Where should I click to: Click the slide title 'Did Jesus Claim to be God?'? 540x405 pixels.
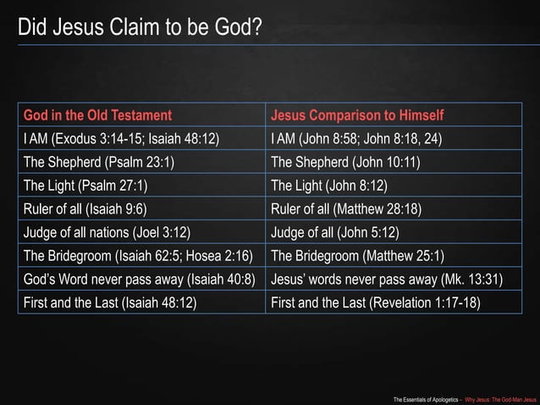click(140, 27)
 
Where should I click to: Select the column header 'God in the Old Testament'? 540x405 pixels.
click(97, 115)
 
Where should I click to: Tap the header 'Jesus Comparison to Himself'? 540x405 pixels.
click(357, 115)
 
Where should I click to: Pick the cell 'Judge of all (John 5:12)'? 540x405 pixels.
click(334, 230)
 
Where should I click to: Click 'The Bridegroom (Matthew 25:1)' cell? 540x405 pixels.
click(358, 254)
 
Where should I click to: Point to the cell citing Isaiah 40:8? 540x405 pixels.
click(139, 277)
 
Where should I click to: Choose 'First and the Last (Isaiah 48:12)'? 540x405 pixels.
click(110, 300)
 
